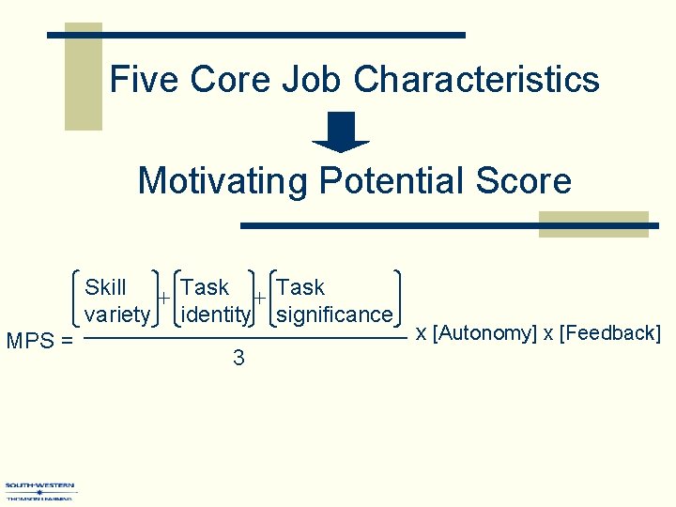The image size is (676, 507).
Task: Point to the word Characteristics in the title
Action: click(x=477, y=79)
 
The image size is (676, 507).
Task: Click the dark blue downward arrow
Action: click(x=340, y=132)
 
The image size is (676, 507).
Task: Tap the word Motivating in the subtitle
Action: click(x=223, y=179)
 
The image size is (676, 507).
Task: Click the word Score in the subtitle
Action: click(x=526, y=179)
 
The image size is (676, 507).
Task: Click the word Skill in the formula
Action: click(x=106, y=287)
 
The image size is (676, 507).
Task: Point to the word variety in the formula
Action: click(x=116, y=314)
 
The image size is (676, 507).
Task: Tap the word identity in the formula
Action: click(x=215, y=314)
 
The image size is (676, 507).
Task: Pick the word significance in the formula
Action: click(x=335, y=314)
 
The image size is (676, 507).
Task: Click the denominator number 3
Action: click(x=238, y=358)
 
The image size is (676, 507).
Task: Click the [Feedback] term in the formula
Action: click(x=610, y=332)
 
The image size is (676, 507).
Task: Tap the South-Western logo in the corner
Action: click(x=39, y=491)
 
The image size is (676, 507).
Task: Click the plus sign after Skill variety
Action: click(x=162, y=298)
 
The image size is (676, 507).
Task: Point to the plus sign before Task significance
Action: click(x=260, y=298)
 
